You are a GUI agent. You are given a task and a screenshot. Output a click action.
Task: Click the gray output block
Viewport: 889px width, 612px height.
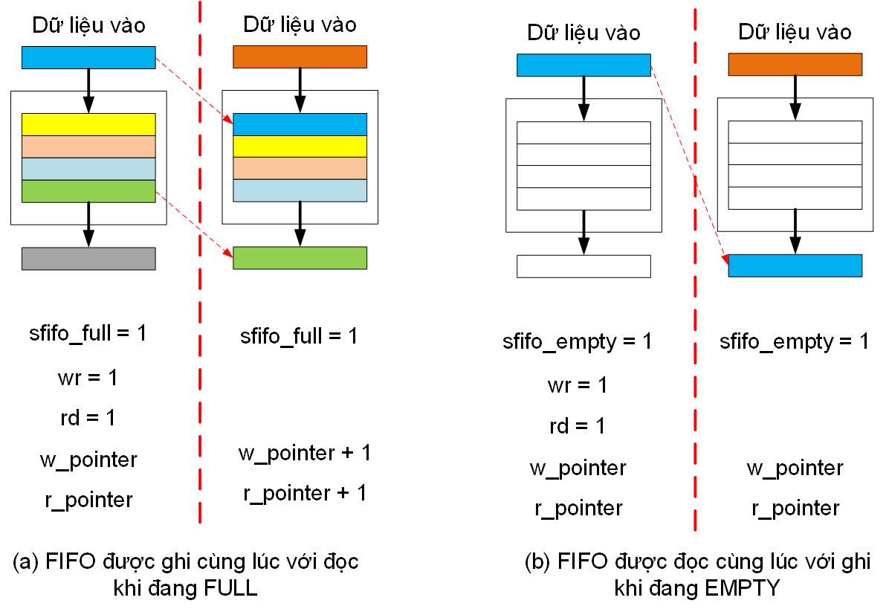[x=88, y=258]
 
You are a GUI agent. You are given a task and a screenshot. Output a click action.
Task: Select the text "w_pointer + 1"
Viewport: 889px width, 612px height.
[x=304, y=453]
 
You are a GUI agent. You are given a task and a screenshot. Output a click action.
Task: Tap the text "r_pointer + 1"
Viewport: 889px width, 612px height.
[x=304, y=493]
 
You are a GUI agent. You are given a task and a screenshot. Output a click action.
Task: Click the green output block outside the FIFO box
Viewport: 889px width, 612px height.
[x=300, y=257]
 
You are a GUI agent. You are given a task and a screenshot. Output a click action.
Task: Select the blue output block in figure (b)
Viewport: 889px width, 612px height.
[x=795, y=265]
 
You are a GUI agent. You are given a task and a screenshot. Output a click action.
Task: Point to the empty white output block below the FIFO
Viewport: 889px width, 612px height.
[x=583, y=265]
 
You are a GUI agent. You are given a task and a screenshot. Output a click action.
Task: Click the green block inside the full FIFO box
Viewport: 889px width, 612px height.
[x=88, y=191]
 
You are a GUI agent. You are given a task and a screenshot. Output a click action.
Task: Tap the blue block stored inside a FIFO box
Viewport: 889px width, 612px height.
[x=300, y=124]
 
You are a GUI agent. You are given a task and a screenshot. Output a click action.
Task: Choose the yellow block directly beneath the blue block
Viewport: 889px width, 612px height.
[x=300, y=146]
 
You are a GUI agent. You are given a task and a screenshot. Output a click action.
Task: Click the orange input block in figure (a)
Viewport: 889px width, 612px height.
[x=300, y=57]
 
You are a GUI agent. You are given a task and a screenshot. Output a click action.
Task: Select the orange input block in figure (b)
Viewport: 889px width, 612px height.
[x=795, y=65]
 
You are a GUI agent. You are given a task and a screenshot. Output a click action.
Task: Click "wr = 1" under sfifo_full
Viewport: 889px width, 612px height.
[x=88, y=378]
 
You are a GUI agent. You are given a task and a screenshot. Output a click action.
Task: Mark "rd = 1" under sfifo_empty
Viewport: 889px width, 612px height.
[x=578, y=426]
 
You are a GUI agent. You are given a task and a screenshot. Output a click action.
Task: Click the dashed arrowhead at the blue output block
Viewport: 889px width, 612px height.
[x=723, y=259]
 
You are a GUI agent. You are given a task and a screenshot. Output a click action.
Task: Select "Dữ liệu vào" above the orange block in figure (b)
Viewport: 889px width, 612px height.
[x=795, y=33]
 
